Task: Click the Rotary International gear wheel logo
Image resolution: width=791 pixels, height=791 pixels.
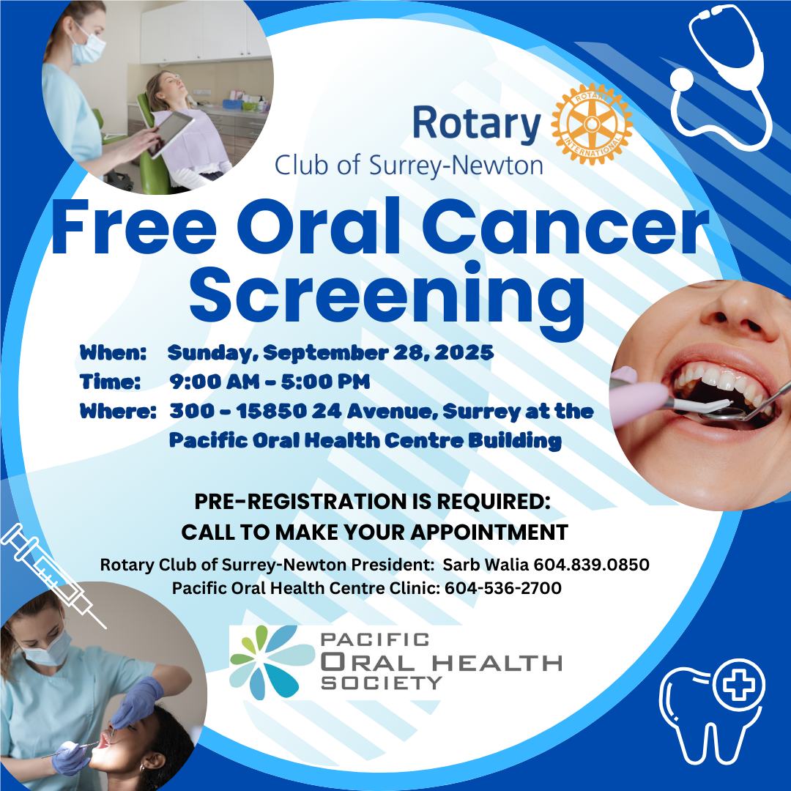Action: click(592, 124)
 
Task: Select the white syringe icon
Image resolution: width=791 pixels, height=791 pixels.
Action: click(53, 575)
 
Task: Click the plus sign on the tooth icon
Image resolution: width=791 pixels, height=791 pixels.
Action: click(739, 685)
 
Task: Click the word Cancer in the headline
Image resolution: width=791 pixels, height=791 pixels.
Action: click(565, 226)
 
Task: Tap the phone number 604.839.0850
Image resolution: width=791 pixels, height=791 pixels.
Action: click(591, 565)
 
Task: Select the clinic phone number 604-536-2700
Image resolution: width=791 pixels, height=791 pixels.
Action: click(503, 588)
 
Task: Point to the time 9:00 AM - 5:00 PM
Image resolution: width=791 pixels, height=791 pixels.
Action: click(270, 382)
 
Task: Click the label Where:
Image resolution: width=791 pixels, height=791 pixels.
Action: click(118, 411)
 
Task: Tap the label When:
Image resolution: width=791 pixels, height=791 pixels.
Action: click(113, 352)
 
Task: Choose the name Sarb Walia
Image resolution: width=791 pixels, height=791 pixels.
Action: click(486, 565)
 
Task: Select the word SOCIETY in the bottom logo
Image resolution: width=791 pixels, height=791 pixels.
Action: click(382, 683)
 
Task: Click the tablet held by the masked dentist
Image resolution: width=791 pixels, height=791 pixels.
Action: click(171, 133)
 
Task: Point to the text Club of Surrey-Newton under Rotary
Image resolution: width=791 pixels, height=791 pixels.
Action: click(409, 166)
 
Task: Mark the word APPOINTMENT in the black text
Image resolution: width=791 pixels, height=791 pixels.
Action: click(489, 532)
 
